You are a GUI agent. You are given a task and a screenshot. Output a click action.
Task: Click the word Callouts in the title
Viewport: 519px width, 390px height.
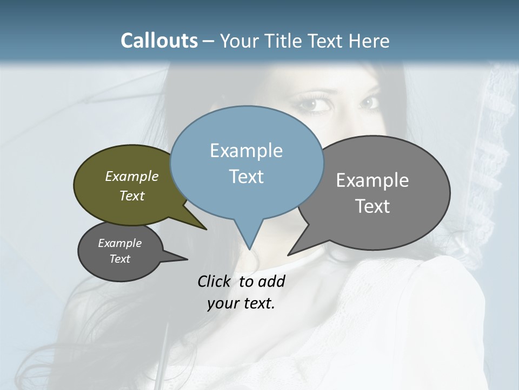point(159,41)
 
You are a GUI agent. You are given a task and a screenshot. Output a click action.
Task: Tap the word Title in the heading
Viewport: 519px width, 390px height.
point(284,41)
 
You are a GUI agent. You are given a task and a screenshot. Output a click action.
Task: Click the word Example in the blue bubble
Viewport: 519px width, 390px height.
point(246,151)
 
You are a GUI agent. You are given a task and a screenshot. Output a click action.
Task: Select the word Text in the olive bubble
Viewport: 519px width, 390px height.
point(132,196)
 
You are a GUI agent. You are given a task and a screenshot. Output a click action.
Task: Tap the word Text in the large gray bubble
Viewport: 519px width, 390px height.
point(372,206)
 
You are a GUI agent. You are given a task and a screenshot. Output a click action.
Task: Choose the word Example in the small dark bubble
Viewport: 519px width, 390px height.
point(119,243)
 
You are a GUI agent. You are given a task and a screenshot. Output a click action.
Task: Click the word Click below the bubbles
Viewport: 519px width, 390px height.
point(215,282)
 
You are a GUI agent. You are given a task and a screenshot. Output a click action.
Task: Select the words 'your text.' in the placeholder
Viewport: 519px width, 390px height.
point(241,303)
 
